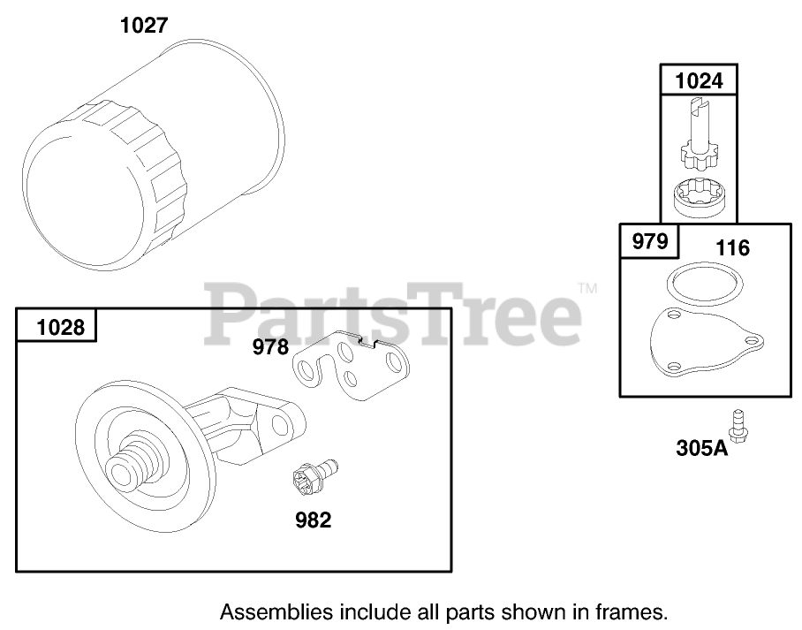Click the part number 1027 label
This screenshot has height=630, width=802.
[144, 25]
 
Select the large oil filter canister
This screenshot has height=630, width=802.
[153, 155]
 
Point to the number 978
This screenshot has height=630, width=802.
[270, 347]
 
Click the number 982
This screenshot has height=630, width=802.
[314, 520]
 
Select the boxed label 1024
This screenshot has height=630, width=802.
[699, 81]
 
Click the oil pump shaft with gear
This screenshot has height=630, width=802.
[700, 131]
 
